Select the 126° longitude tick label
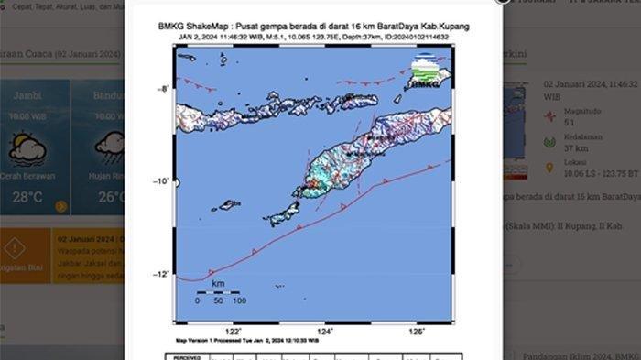coord(417,331)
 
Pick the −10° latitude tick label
coord(162,181)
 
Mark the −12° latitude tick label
coord(162,274)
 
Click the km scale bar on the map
coord(218,293)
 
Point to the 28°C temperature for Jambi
coord(27,196)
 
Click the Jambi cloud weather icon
coord(27,149)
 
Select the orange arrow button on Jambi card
coord(60,207)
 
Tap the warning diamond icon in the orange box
coord(14,247)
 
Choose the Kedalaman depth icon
coord(549,142)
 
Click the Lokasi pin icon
coord(549,168)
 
